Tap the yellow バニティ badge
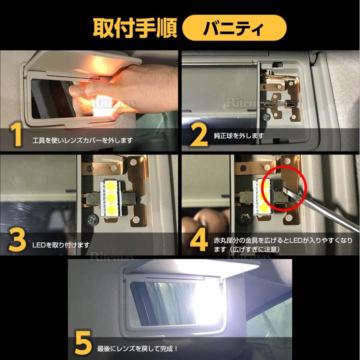coord(234,28)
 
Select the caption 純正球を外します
coord(239,136)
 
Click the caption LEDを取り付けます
coord(62,245)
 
